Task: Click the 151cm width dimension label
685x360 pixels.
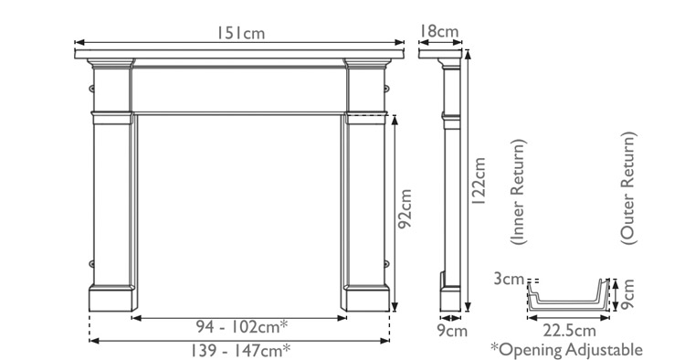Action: click(x=241, y=33)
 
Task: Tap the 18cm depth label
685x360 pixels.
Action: click(x=438, y=32)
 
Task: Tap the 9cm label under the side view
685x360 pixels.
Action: click(x=451, y=330)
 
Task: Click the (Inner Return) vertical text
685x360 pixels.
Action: click(x=518, y=194)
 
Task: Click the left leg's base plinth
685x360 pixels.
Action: click(x=112, y=298)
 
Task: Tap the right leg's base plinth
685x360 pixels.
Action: click(x=367, y=298)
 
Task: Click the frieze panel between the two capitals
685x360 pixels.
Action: click(x=239, y=90)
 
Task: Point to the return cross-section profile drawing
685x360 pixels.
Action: click(x=565, y=298)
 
